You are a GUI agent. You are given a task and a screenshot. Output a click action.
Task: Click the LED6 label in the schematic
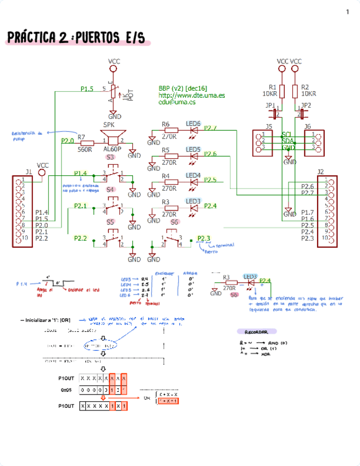193,124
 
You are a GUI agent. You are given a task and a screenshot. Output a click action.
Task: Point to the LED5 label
193,149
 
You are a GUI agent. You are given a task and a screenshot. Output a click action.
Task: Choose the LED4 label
193,175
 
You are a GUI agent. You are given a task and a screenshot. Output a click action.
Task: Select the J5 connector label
268,126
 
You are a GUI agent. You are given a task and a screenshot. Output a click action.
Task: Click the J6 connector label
308,126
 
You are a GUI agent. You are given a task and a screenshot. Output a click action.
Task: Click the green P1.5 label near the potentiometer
87,88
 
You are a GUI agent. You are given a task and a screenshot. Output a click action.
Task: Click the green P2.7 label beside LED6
211,128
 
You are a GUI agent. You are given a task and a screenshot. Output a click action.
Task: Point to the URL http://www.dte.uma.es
191,95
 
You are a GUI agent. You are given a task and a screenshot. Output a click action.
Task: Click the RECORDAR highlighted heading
257,332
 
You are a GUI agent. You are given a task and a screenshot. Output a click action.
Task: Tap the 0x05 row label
65,389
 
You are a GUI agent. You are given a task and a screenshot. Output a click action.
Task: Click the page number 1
347,12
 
